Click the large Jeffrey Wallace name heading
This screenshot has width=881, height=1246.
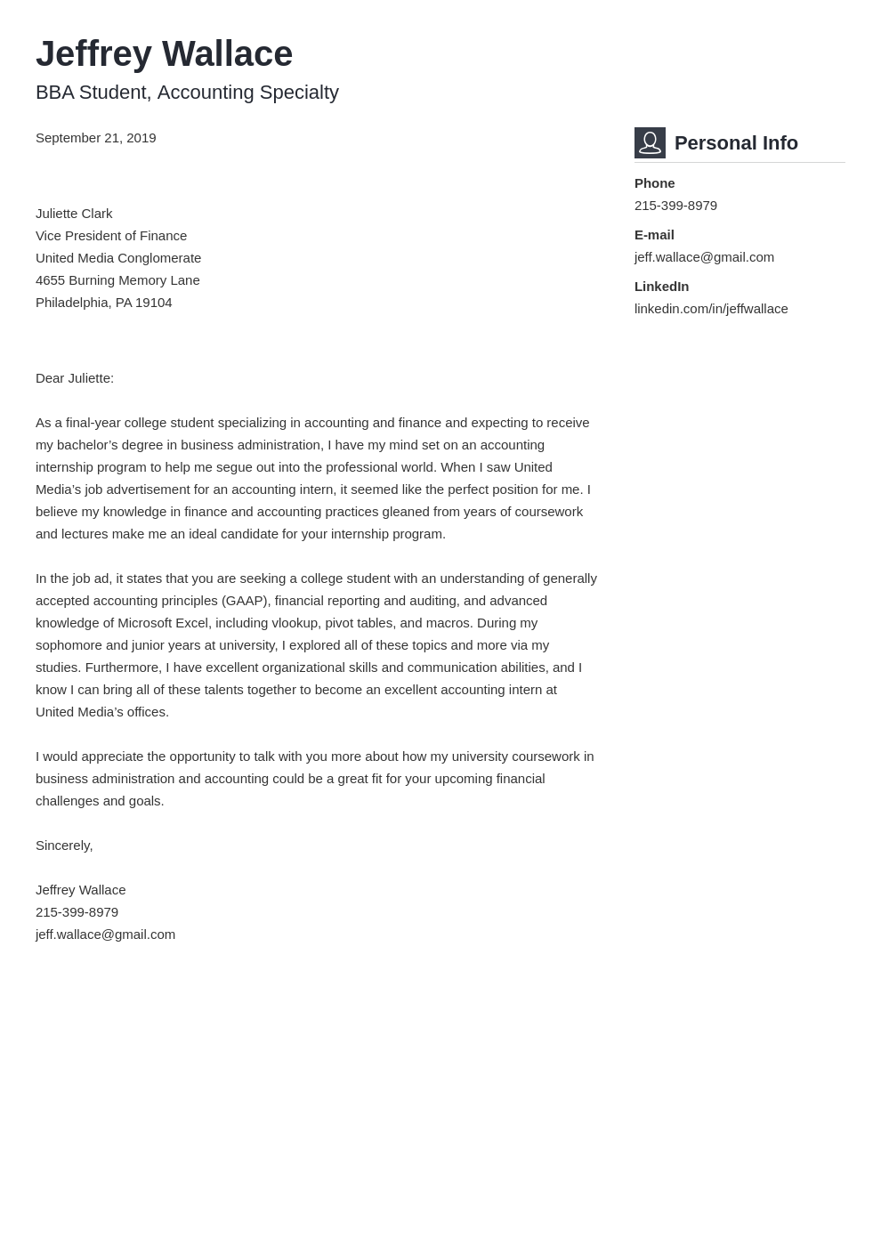pyautogui.click(x=164, y=54)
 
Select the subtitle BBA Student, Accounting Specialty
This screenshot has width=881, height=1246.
pyautogui.click(x=187, y=93)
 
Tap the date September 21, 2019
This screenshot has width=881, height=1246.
pyautogui.click(x=95, y=138)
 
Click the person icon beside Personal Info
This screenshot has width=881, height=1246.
pyautogui.click(x=650, y=142)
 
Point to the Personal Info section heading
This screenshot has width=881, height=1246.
pyautogui.click(x=736, y=143)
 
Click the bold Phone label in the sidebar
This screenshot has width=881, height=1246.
pyautogui.click(x=654, y=183)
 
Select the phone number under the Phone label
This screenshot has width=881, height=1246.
pyautogui.click(x=675, y=206)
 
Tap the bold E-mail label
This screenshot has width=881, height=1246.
pyautogui.click(x=654, y=235)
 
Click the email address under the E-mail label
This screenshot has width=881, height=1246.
pyautogui.click(x=704, y=257)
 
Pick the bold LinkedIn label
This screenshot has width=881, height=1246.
pyautogui.click(x=661, y=287)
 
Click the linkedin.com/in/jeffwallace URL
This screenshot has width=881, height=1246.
pyautogui.click(x=711, y=309)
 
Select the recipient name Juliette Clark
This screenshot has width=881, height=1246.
pyautogui.click(x=74, y=214)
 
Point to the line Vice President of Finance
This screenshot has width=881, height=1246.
pyautogui.click(x=111, y=236)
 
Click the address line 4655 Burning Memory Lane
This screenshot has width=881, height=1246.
pyautogui.click(x=117, y=280)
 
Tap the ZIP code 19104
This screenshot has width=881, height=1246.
pyautogui.click(x=154, y=303)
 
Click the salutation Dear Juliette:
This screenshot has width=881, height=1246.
pyautogui.click(x=75, y=378)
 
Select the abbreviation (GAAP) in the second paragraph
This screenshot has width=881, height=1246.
pyautogui.click(x=245, y=601)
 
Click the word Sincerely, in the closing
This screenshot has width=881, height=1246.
pyautogui.click(x=64, y=845)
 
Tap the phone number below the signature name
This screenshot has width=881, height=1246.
pyautogui.click(x=77, y=912)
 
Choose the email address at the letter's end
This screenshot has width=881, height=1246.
pyautogui.click(x=105, y=934)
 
